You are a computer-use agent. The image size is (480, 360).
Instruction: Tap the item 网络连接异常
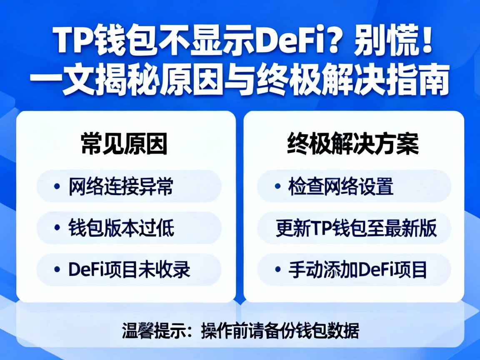click(x=120, y=187)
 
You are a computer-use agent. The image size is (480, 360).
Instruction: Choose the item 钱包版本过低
click(x=121, y=228)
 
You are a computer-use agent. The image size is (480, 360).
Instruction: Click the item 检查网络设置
click(x=340, y=187)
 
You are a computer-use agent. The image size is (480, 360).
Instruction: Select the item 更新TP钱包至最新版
click(x=356, y=228)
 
